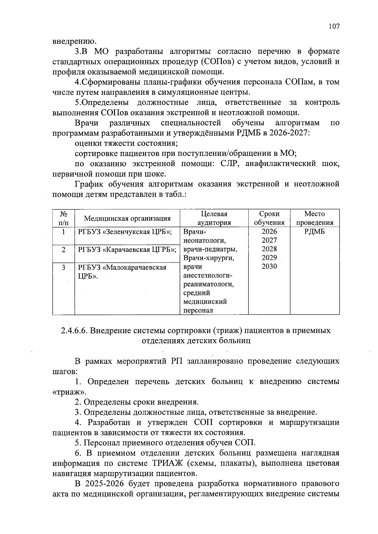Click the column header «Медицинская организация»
pos(127,218)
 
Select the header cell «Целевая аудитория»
pos(214,218)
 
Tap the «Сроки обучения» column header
pos(269,218)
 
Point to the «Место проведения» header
pos(314,218)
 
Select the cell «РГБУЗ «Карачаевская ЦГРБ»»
pos(127,250)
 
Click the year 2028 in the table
pos(269,249)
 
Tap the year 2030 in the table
pos(269,267)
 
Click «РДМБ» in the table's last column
pos(314,232)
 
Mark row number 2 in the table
pos(64,250)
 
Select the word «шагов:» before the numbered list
pos(65,372)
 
